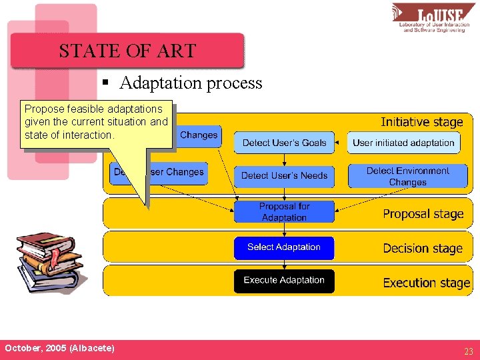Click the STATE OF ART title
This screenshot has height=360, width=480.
127,51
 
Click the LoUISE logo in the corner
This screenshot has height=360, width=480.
433,18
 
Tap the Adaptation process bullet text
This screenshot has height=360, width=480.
191,83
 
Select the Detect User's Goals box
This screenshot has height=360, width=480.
284,143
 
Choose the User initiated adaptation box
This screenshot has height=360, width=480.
403,143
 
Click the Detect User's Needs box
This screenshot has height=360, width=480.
284,176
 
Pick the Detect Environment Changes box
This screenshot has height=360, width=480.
407,176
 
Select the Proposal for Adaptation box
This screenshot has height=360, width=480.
284,212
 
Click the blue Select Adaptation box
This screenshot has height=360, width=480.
284,247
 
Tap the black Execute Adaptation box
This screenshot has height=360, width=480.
284,281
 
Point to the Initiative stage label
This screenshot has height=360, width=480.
421,122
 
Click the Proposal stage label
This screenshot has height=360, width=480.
423,214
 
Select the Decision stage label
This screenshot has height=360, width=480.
423,249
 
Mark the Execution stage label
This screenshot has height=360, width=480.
426,283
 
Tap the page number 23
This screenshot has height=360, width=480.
469,351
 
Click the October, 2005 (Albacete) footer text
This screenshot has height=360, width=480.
59,349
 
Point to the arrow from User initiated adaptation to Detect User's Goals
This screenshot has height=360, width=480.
341,143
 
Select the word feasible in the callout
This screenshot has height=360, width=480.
87,109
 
